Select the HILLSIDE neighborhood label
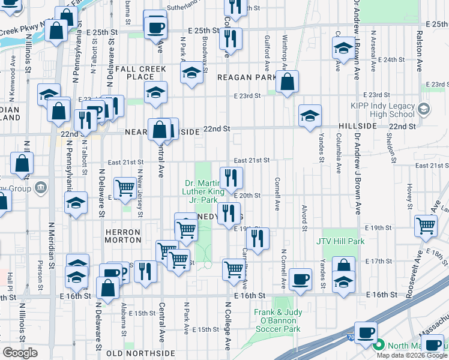coord(358,127)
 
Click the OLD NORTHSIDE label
coord(140,353)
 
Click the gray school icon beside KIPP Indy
coord(424,108)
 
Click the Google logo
coord(20,353)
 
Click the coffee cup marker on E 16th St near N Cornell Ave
coord(300,278)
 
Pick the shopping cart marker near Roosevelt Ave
coord(426,226)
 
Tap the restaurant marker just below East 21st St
coord(231,176)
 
